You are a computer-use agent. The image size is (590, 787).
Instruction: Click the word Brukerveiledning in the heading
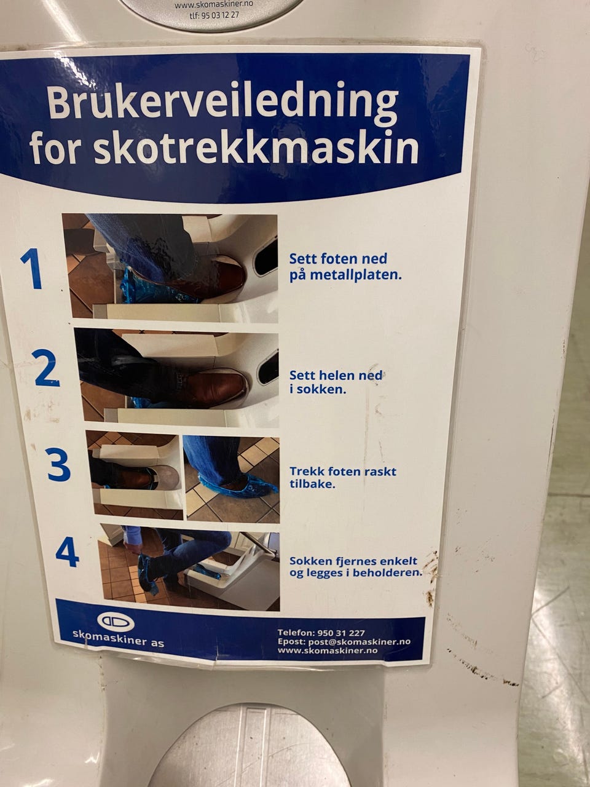pos(223,102)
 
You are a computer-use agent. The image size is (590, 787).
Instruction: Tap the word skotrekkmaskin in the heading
pos(256,148)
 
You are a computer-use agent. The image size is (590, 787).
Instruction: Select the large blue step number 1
pos(31,268)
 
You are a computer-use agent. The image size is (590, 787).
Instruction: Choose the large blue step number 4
pos(68,552)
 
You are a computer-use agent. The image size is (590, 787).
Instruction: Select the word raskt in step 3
pos(380,471)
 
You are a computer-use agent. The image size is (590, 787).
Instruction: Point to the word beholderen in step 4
pos(387,572)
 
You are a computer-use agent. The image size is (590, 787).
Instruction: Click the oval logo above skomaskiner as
pos(116,622)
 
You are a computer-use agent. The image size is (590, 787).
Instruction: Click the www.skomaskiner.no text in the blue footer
pos(328,650)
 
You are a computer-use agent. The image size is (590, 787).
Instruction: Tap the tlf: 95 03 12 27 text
pos(214,15)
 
